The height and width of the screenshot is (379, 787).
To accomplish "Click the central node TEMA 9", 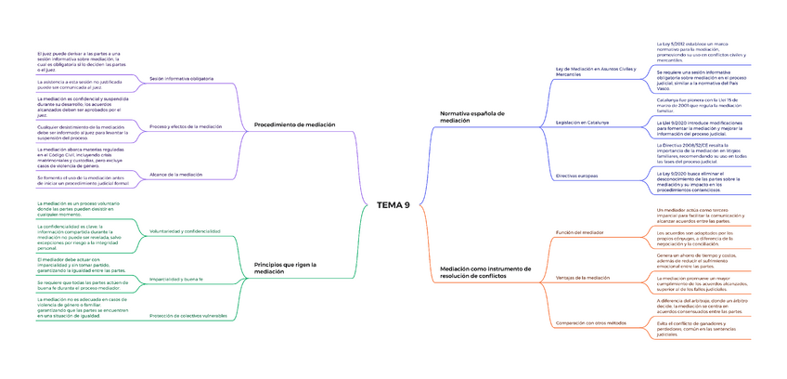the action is pyautogui.click(x=393, y=204).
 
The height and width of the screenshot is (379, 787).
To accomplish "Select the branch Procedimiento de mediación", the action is pyautogui.click(x=294, y=124).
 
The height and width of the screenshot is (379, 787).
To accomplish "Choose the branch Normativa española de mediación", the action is pyautogui.click(x=471, y=116).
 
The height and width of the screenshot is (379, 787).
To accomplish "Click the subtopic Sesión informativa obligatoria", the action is pyautogui.click(x=182, y=79).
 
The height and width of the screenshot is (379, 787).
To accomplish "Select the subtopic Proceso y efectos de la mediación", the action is pyautogui.click(x=186, y=126).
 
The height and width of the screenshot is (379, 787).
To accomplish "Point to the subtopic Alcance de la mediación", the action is pyautogui.click(x=177, y=175).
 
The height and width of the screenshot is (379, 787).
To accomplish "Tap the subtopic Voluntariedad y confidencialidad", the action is pyautogui.click(x=185, y=230).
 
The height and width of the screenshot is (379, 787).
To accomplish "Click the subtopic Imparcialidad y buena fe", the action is pyautogui.click(x=175, y=279).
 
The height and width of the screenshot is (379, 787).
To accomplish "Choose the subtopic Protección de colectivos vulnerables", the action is pyautogui.click(x=188, y=316).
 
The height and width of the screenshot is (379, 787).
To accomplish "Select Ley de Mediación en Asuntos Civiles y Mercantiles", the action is pyautogui.click(x=596, y=72).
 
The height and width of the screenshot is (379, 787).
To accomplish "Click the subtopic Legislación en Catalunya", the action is pyautogui.click(x=582, y=123).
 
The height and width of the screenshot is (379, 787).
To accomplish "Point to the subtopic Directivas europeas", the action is pyautogui.click(x=576, y=175).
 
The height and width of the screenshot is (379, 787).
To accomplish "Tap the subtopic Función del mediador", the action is pyautogui.click(x=579, y=231).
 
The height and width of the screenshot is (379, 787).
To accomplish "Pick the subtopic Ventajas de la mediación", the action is pyautogui.click(x=582, y=277).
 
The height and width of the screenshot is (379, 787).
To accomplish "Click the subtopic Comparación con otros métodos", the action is pyautogui.click(x=591, y=322).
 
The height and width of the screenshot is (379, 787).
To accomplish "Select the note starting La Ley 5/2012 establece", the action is pyautogui.click(x=702, y=51).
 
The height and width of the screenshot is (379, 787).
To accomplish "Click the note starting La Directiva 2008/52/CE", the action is pyautogui.click(x=702, y=153).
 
